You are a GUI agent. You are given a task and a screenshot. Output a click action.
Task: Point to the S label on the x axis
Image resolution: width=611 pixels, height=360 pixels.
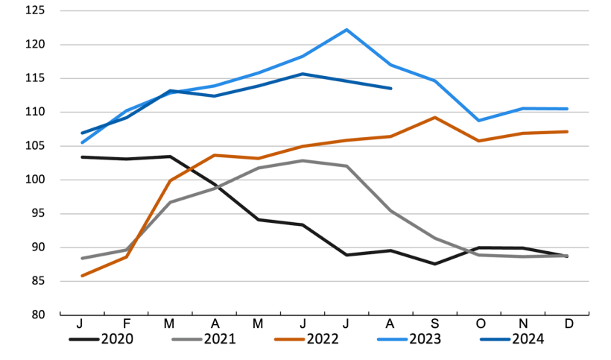click(435, 325)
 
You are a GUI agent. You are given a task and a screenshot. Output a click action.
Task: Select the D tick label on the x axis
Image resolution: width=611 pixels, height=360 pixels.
click(568, 325)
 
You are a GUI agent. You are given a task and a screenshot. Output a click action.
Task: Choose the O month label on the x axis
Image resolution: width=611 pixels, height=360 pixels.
click(479, 325)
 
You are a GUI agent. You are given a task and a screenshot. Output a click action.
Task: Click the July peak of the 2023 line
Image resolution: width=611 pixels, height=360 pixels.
click(346, 30)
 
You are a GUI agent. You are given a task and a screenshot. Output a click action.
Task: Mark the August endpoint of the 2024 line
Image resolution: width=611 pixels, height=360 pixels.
click(391, 88)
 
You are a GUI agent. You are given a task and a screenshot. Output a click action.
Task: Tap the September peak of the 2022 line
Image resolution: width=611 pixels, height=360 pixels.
click(435, 118)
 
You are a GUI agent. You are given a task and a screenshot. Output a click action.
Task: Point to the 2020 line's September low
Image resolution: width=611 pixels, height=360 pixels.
click(435, 264)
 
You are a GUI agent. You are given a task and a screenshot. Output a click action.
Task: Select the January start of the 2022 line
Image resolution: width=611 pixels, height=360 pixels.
click(81, 276)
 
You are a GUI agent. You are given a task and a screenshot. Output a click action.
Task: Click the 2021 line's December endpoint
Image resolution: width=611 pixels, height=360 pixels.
click(568, 256)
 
